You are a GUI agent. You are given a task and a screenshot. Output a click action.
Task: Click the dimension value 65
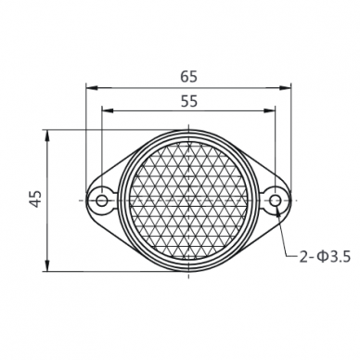coord(188,77)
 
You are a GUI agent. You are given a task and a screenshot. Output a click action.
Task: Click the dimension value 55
coord(189,101)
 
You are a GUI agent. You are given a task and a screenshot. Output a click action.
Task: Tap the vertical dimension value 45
coord(36,199)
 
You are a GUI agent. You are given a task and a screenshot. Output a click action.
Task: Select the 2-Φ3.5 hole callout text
coord(325,257)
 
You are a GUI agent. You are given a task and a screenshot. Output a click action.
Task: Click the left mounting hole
coord(101,200)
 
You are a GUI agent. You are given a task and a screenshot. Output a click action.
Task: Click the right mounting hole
coord(275,200)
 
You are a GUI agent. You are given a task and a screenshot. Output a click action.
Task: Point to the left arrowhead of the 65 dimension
coord(91,88)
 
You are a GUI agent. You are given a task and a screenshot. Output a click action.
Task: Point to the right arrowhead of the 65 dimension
coord(287,88)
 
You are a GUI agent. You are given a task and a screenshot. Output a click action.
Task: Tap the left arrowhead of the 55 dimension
coord(107,110)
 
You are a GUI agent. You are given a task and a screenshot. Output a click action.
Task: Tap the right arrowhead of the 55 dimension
coord(270,110)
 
